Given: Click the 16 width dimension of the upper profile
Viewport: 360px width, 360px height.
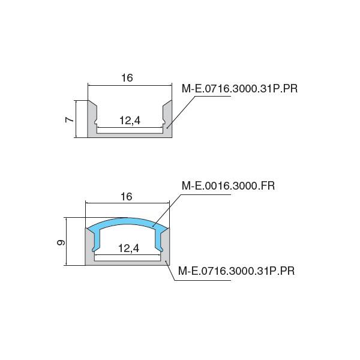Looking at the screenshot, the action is coord(127,78).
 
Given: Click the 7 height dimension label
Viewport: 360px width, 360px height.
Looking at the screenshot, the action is coord(70,119).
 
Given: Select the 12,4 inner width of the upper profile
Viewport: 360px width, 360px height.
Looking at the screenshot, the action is coord(130,121).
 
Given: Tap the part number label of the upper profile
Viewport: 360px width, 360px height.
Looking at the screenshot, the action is coord(239,89).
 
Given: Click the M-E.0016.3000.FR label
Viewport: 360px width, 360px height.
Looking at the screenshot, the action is coord(228,186).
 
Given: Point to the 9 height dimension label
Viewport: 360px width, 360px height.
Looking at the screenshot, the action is coord(61,242).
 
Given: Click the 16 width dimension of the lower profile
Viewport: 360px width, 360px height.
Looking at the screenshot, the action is coord(126,197).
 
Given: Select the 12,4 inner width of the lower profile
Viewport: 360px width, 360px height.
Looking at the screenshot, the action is coord(128,248).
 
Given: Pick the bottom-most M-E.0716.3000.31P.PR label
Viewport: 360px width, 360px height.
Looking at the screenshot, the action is coord(236,271).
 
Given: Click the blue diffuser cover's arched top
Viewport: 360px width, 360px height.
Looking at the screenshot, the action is coord(127,222).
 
